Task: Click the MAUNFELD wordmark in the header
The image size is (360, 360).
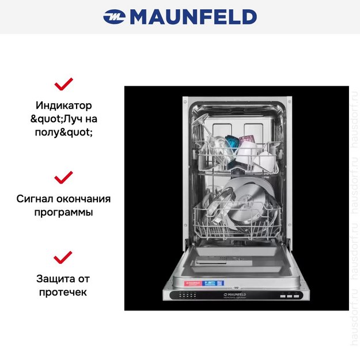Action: (193, 17)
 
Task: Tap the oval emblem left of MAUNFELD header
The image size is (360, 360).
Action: (114, 17)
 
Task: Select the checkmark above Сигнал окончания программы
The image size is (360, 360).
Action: (63, 176)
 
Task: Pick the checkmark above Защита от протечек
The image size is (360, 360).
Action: (63, 257)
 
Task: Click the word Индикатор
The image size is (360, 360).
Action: (63, 105)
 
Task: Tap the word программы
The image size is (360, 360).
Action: (63, 212)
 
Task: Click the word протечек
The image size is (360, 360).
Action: (63, 292)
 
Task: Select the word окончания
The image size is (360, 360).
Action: (86, 199)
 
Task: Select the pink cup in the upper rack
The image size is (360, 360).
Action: (248, 140)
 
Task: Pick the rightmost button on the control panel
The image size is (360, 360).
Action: (297, 295)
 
